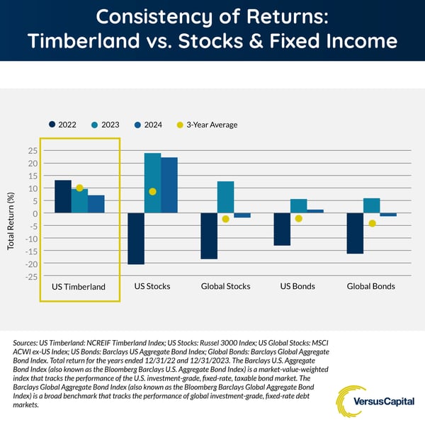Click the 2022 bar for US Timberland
click(63, 196)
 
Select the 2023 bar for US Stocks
click(152, 183)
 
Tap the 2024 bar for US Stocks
click(169, 185)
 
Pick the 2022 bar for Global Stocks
click(209, 236)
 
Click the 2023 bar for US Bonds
click(299, 206)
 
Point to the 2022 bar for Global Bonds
click(355, 233)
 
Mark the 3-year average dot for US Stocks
click(152, 192)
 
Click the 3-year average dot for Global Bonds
click(373, 223)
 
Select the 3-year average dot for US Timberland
click(79, 188)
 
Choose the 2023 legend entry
click(106, 125)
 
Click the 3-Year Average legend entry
click(207, 125)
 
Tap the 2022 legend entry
click(62, 125)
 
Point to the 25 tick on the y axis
click(33, 151)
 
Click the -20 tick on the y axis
click(31, 264)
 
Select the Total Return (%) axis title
click(11, 221)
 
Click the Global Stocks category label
click(225, 286)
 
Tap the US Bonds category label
click(297, 286)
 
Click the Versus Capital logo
click(375, 402)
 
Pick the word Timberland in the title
click(84, 40)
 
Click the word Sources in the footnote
click(25, 343)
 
